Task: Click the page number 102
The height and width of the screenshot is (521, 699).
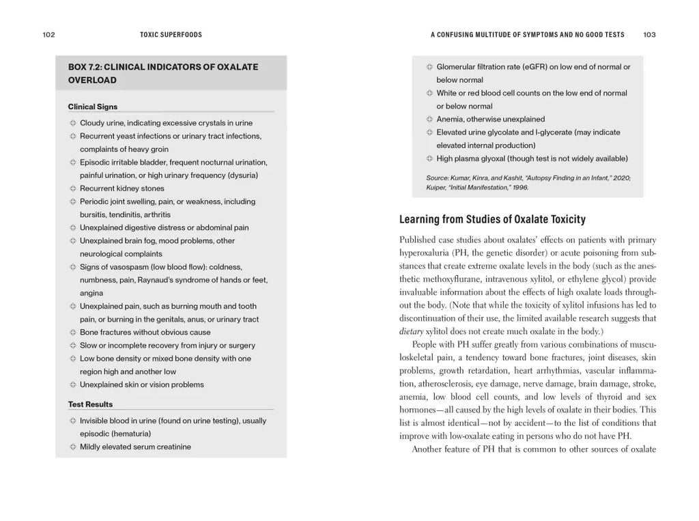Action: [x=48, y=35]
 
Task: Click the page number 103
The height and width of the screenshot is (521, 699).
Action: [x=649, y=35]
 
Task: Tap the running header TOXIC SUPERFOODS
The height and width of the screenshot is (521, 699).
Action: [x=171, y=35]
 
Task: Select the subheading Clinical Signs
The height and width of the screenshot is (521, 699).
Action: [x=93, y=107]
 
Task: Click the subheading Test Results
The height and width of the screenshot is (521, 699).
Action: [x=91, y=404]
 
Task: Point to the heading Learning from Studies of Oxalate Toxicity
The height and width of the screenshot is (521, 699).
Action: [x=492, y=219]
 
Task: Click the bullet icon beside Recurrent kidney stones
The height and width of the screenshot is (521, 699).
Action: [x=72, y=188]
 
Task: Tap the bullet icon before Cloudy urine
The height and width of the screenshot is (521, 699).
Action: [x=72, y=123]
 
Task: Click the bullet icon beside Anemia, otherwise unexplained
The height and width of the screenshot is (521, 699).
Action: [x=429, y=119]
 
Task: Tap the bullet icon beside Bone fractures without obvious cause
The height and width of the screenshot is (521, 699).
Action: [x=72, y=333]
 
